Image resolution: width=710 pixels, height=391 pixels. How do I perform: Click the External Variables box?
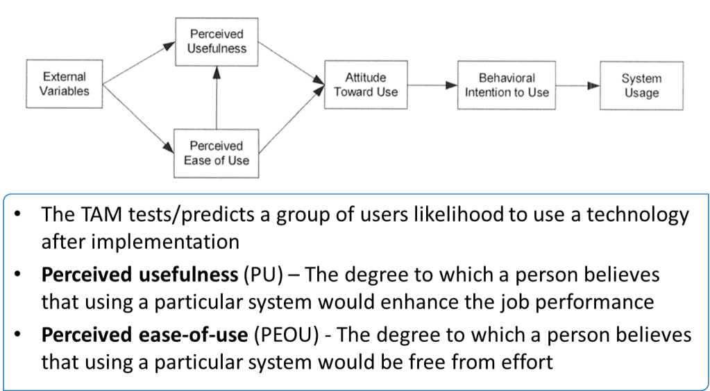coord(59,84)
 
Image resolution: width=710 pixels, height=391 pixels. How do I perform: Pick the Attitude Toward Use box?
coord(365,84)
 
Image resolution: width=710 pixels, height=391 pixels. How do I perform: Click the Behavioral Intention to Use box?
coord(506,84)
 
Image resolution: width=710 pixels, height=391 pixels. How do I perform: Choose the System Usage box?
coord(641,84)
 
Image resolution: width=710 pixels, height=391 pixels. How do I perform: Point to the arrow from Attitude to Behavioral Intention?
coord(432,86)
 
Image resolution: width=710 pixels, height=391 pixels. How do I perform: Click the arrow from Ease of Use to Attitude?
coord(291,118)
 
